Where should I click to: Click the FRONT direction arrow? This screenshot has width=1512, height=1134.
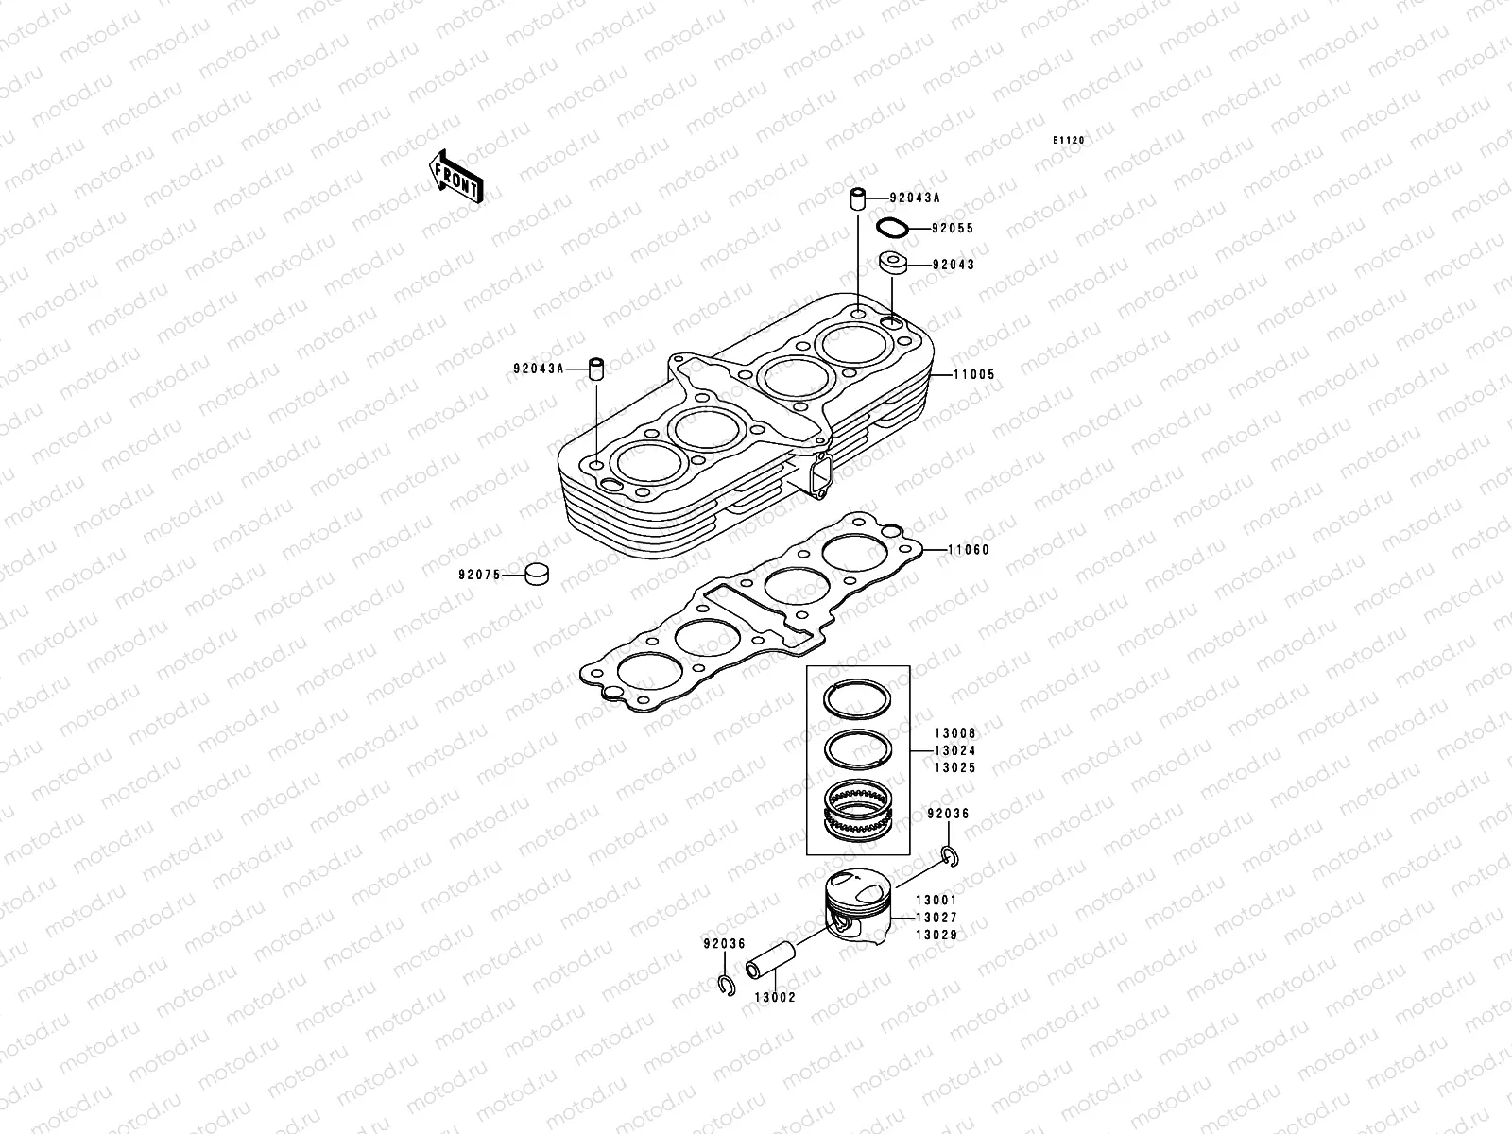pos(458,177)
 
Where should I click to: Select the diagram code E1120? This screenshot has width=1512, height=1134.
pos(1070,140)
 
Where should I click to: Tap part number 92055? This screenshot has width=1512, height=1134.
pos(953,229)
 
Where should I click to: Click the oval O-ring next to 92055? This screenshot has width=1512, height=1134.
pos(893,228)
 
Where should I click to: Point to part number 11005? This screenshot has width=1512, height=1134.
pos(973,375)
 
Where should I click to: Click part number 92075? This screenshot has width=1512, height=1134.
pos(479,574)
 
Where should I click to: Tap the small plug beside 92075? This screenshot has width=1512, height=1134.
pos(538,573)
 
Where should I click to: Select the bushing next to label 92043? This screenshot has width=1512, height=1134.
pos(893,262)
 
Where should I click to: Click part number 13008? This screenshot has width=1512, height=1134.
pos(954,733)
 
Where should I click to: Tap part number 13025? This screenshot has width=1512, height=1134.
pos(954,768)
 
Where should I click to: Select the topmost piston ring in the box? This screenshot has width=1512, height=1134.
pos(857,700)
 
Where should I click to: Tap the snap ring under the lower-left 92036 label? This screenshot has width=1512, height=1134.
pos(725,985)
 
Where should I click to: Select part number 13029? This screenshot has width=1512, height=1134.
pos(936,935)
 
